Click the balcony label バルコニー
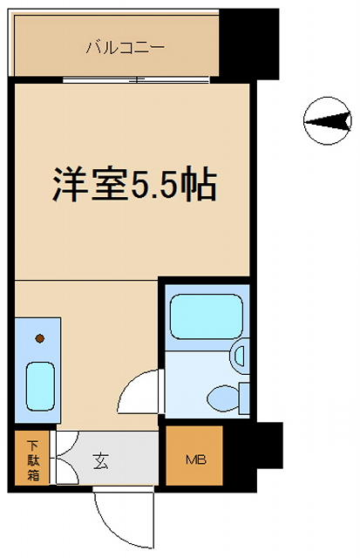click(x=112, y=47)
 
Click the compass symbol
click(x=323, y=121)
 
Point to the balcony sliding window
click(x=135, y=79)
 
